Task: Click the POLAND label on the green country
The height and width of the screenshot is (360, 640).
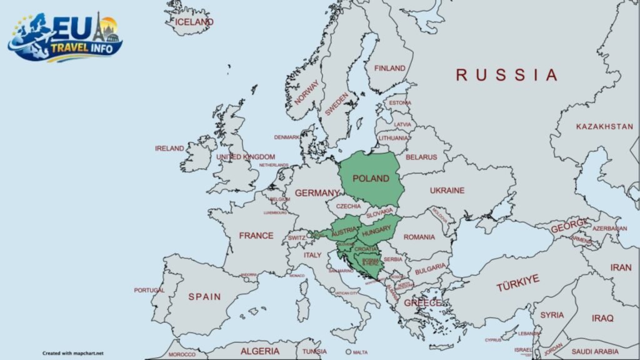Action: (371, 178)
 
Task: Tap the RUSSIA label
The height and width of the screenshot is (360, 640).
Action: (506, 75)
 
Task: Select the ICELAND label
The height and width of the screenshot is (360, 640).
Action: (194, 22)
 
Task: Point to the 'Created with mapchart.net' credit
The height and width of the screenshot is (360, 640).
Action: (73, 353)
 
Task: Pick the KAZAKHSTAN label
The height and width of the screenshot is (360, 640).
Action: (604, 126)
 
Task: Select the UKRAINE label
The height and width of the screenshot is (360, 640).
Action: (447, 190)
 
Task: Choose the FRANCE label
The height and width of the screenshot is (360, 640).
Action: (256, 236)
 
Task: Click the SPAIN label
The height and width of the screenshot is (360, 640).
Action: (204, 296)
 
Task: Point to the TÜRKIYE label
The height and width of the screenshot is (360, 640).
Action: (517, 283)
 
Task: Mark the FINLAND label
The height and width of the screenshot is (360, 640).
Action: (389, 68)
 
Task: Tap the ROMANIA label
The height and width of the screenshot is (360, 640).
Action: (419, 237)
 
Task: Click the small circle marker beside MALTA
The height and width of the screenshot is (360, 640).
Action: (348, 352)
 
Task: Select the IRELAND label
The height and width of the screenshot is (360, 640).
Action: (169, 148)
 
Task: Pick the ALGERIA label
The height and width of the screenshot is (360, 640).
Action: (260, 351)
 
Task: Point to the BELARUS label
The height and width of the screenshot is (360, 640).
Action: (421, 157)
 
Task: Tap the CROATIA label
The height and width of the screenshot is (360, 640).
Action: (366, 249)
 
